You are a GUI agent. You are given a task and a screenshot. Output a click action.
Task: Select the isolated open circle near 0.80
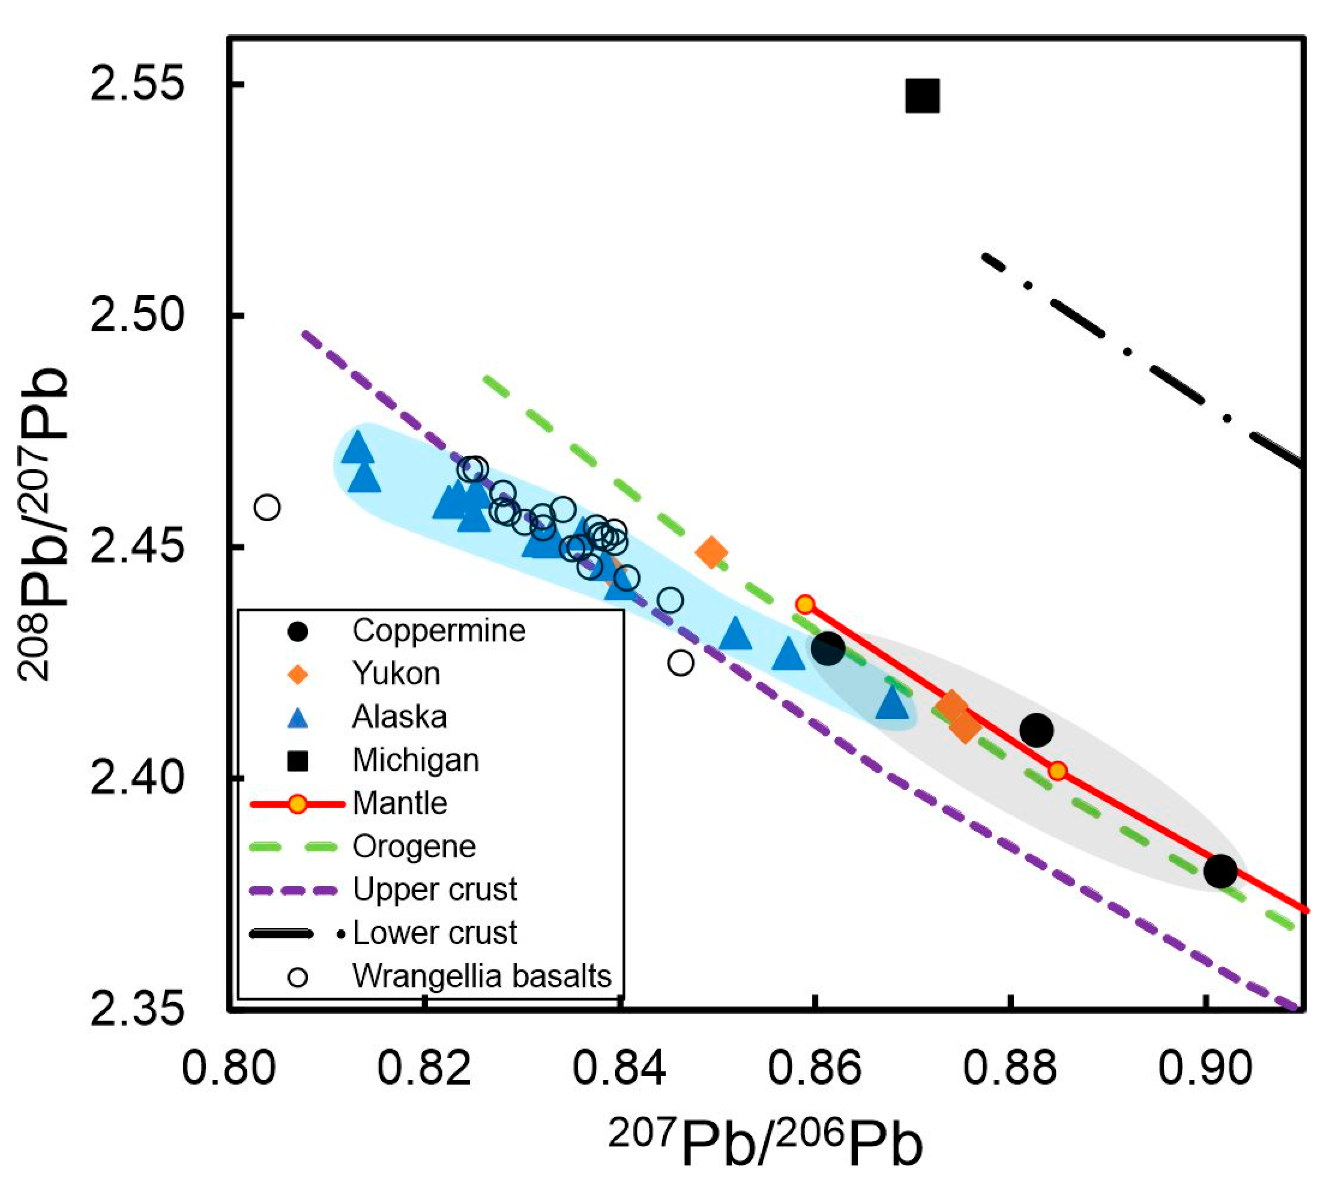click(267, 507)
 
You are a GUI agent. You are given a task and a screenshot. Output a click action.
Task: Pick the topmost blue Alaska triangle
click(357, 448)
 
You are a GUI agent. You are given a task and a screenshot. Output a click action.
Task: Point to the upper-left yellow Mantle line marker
click(806, 604)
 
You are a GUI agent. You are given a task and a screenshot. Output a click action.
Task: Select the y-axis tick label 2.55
click(136, 85)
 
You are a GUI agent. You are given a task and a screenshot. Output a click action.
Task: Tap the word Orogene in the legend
click(414, 847)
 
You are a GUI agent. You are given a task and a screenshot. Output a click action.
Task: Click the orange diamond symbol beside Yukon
click(298, 673)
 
